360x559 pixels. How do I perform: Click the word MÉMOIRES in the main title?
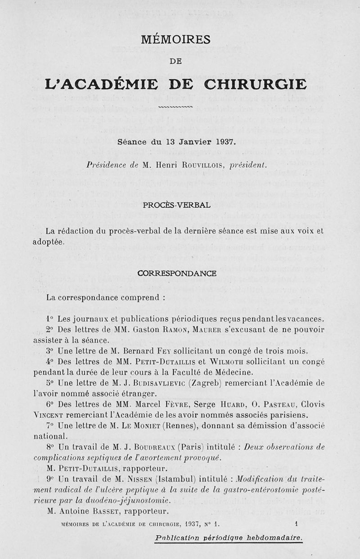[175, 40]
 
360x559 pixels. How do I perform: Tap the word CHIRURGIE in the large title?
[255, 84]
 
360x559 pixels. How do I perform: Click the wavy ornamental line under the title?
[175, 107]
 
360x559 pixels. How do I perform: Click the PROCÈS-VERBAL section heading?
[176, 205]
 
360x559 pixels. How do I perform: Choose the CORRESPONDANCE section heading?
[177, 273]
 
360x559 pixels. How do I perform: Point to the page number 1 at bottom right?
[297, 523]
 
